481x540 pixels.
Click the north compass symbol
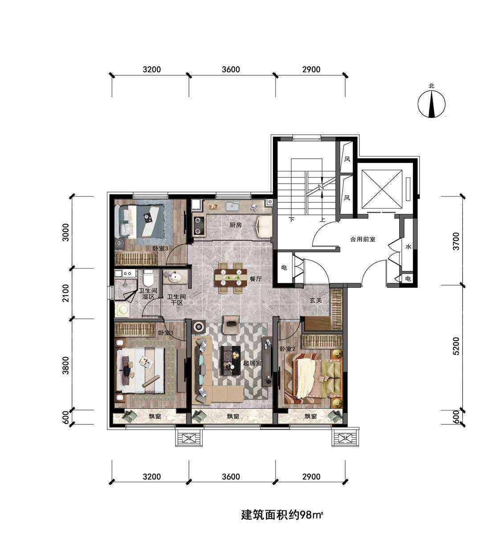(432, 104)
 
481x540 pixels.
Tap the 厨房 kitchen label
(236, 225)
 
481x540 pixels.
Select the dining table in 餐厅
(231, 278)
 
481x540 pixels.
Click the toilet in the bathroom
(147, 278)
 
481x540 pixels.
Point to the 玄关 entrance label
(315, 300)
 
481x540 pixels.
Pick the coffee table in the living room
(230, 361)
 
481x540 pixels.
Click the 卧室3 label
(160, 248)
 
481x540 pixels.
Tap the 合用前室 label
(363, 239)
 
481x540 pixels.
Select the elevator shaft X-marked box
(382, 189)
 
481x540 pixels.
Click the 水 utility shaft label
(408, 247)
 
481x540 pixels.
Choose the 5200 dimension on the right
(457, 346)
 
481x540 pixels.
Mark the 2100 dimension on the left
(65, 293)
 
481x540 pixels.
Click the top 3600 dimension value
(231, 69)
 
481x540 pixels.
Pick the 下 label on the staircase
(291, 220)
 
